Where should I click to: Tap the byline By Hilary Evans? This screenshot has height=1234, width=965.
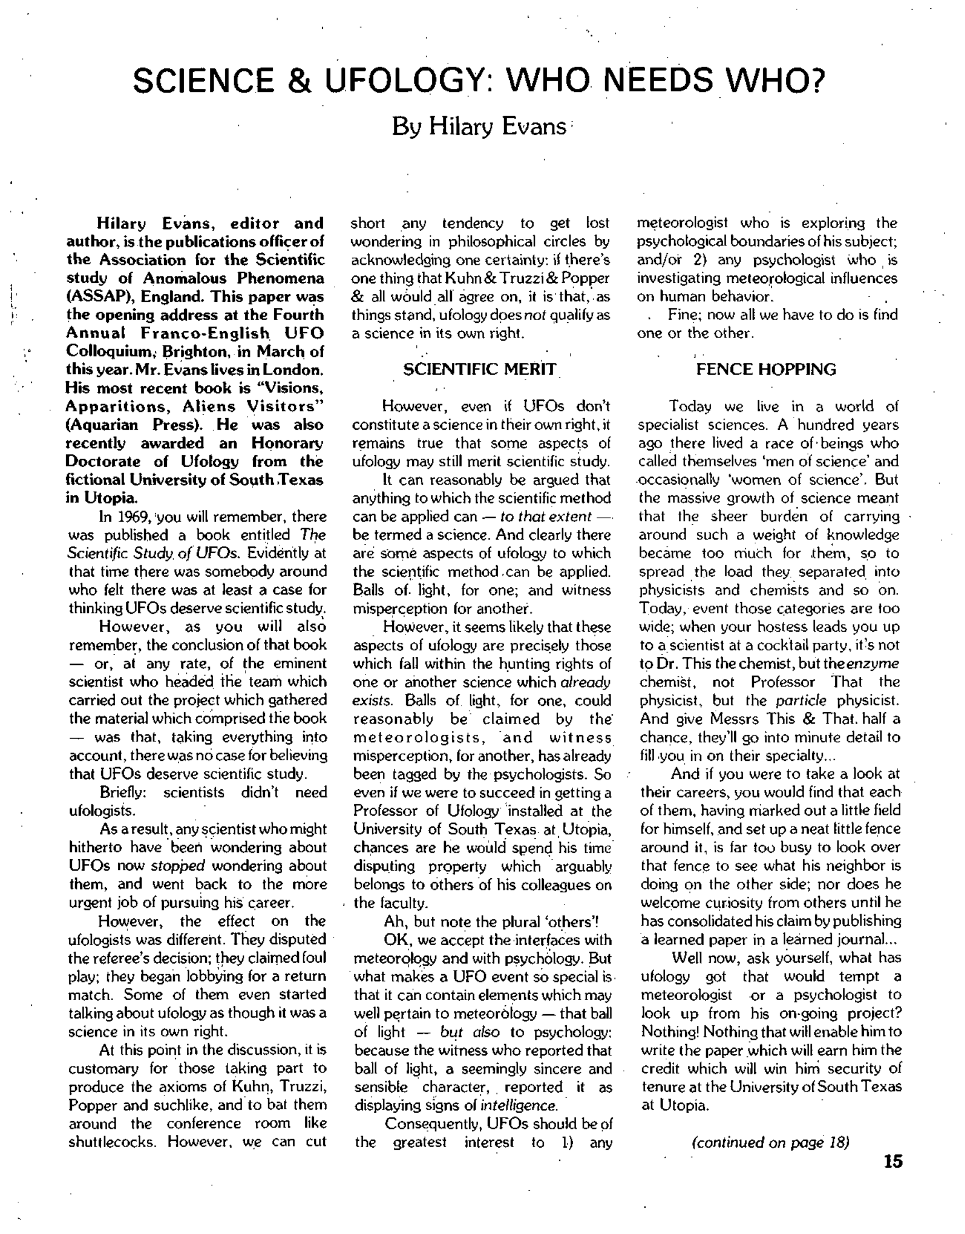pos(479,126)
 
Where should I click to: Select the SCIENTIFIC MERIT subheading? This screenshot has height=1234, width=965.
pos(480,370)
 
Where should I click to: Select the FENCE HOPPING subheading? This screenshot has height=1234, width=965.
pos(766,370)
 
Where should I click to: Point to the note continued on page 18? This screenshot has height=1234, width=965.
pos(770,1142)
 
